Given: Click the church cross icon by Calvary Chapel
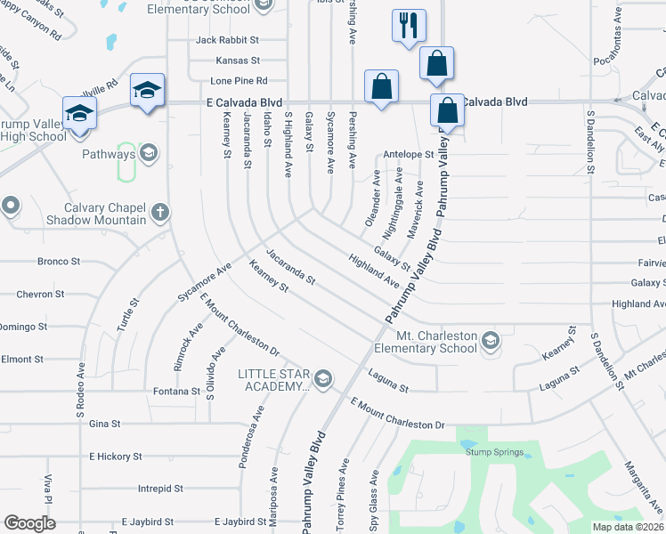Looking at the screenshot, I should click(x=159, y=212).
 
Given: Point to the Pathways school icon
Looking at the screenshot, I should click(x=148, y=154).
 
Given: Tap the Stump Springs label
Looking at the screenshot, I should click(x=490, y=451).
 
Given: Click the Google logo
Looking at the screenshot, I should click(x=30, y=522).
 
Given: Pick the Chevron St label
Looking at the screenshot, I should click(x=40, y=294).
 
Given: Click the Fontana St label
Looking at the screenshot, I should click(x=177, y=391).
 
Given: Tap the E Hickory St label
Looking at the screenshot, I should click(x=115, y=456).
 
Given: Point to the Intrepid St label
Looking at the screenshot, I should click(x=160, y=489).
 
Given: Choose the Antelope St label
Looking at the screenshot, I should click(x=409, y=154).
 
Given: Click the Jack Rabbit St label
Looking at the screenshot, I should click(x=227, y=40).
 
